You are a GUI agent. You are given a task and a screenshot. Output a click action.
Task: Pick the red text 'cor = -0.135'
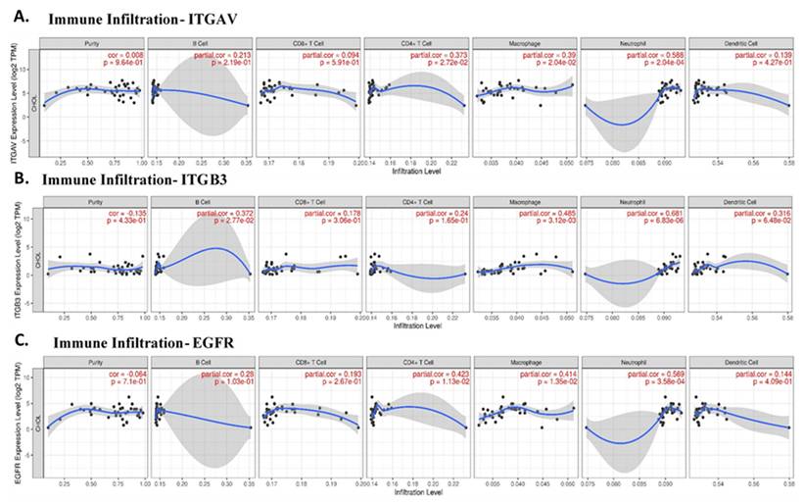pyautogui.click(x=122, y=214)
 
